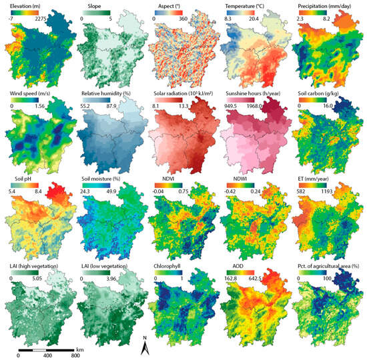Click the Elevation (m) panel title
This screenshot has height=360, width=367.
[28, 5]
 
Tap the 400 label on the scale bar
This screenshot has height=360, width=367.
[47, 356]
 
